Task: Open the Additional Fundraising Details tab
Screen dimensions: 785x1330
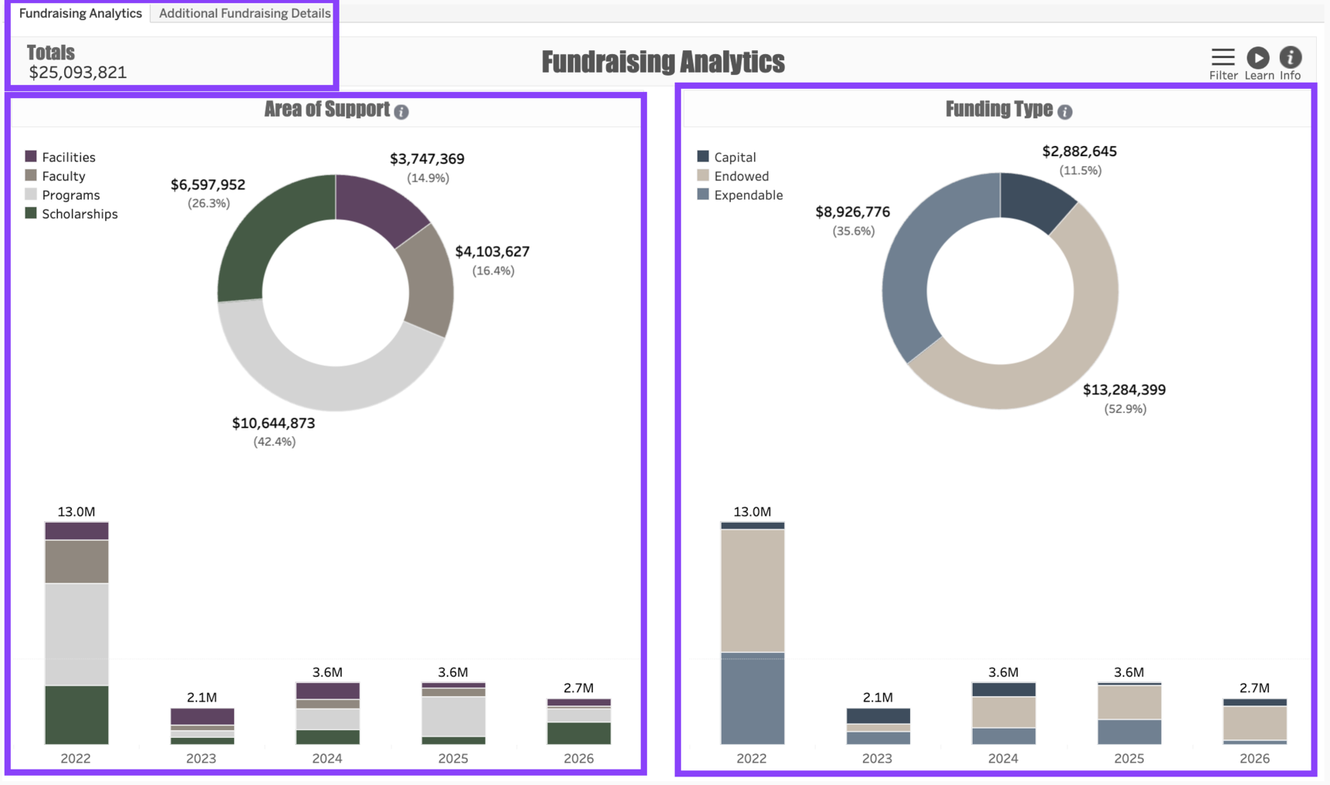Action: click(x=244, y=13)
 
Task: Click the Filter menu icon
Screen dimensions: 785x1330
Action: click(x=1223, y=58)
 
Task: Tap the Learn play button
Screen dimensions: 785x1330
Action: click(x=1258, y=58)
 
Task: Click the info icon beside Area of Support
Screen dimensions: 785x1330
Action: click(x=401, y=112)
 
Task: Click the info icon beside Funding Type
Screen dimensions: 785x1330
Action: click(x=1065, y=112)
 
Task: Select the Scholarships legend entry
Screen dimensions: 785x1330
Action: click(x=79, y=214)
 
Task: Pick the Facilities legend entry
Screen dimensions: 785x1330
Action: click(x=68, y=157)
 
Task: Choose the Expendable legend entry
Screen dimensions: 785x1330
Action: click(x=748, y=195)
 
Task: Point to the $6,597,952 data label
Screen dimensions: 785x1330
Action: click(x=208, y=185)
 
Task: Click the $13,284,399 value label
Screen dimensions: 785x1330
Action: click(x=1124, y=390)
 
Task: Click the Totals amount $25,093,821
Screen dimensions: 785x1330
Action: click(x=77, y=73)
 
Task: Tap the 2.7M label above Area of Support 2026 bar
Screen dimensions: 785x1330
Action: click(x=578, y=688)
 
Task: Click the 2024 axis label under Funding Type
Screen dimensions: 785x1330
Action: click(x=1003, y=758)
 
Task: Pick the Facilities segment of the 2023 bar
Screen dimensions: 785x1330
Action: click(x=202, y=716)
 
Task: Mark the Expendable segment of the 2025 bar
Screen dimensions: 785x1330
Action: click(x=1129, y=732)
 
